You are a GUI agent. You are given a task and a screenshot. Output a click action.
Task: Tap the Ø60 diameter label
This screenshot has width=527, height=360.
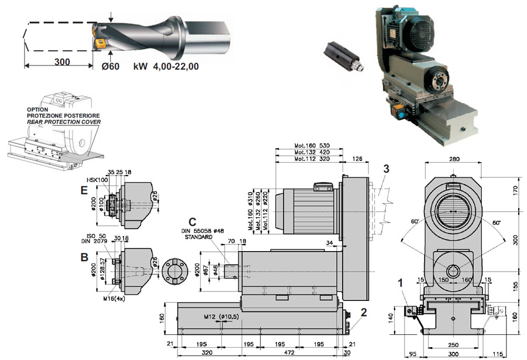point(110,66)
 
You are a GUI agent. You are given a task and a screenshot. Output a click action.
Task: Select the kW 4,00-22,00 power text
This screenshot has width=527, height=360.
point(166,66)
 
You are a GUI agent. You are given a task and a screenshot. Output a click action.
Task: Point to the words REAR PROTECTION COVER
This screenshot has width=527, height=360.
point(63,122)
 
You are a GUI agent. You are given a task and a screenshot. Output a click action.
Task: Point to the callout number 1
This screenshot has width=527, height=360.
point(400,282)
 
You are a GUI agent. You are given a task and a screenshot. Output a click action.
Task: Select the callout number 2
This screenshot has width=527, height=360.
point(364,312)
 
